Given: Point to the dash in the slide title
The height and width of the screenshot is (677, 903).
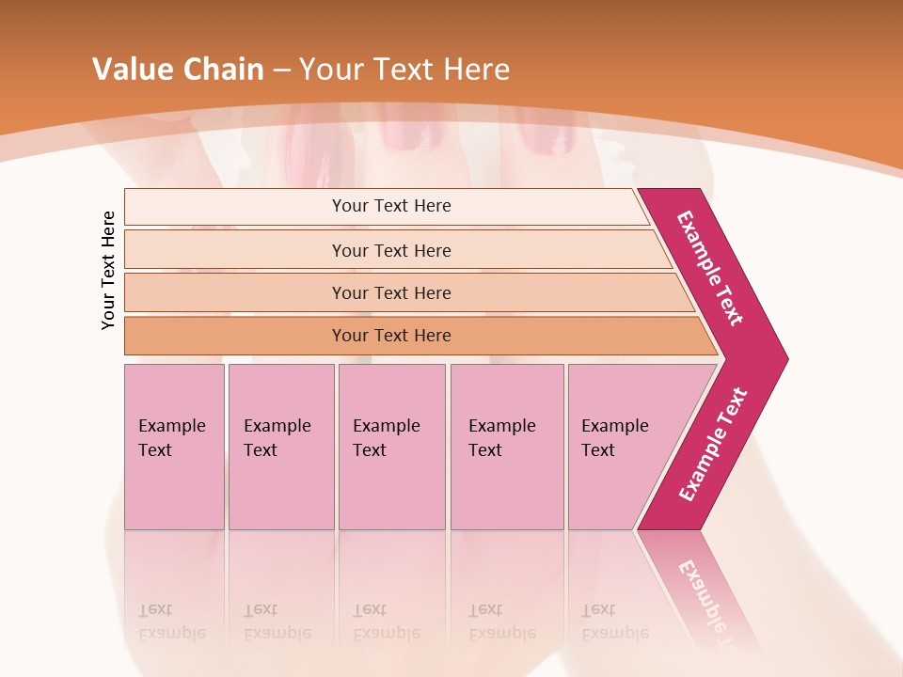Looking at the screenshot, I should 281,71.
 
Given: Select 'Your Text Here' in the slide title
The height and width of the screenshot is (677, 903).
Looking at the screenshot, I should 404,70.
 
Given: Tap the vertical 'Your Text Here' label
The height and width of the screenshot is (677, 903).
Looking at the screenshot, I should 108,270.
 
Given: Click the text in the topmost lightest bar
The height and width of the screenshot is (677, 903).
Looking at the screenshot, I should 391,206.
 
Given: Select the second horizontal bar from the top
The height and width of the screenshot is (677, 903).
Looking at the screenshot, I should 391,250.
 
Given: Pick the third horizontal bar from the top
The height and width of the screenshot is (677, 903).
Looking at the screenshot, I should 391,292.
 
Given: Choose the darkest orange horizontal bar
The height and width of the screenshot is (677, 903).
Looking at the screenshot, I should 391,336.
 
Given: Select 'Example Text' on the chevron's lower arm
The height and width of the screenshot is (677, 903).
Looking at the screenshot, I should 713,445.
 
